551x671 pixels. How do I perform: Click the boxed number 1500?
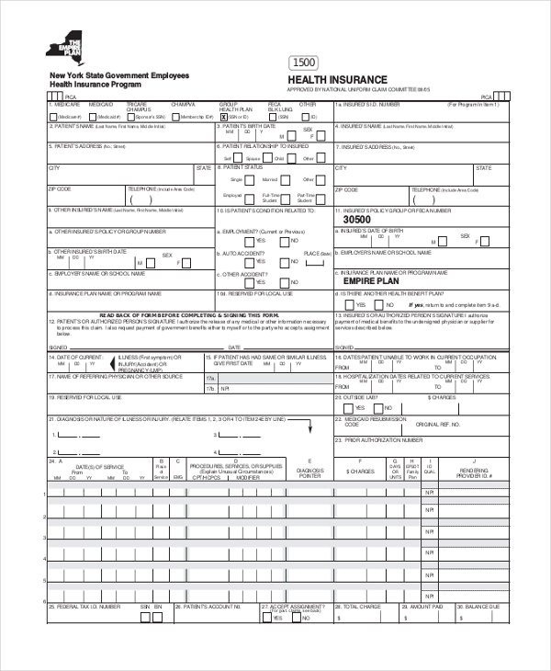pos(305,63)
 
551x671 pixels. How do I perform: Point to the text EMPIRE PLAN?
pos(367,282)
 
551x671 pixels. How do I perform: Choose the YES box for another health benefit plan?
pos(350,304)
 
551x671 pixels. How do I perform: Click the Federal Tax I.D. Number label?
pos(87,608)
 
